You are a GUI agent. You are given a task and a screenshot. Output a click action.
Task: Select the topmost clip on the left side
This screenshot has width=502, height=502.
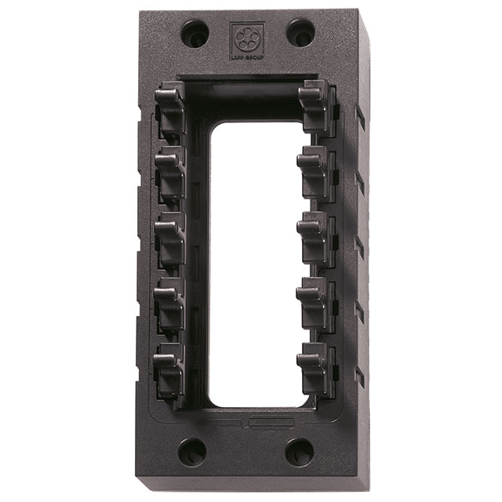point(171,106)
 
